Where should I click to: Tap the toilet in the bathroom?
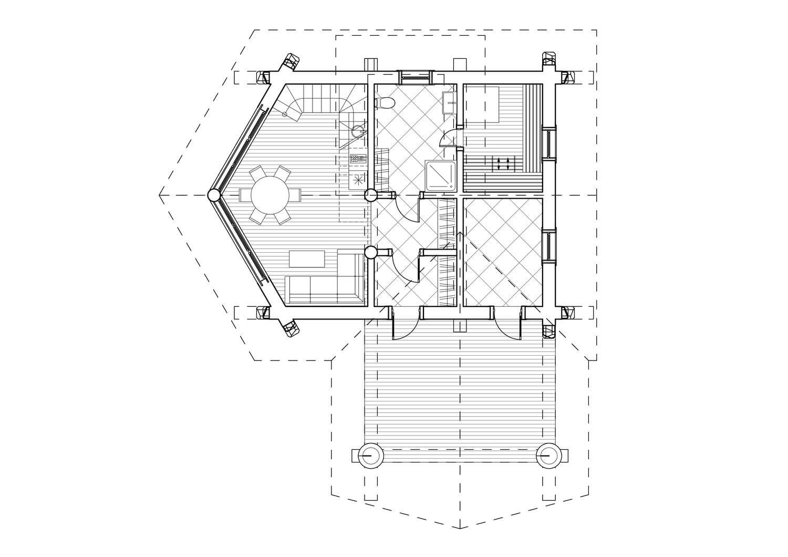(x=384, y=102)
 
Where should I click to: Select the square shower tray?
(x=440, y=176)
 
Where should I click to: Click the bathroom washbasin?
(x=449, y=101)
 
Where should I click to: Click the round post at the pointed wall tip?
(x=214, y=195)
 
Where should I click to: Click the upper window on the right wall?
(x=549, y=143)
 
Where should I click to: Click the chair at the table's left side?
(x=245, y=195)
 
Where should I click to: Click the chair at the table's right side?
(x=295, y=195)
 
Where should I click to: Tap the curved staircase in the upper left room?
(x=315, y=108)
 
